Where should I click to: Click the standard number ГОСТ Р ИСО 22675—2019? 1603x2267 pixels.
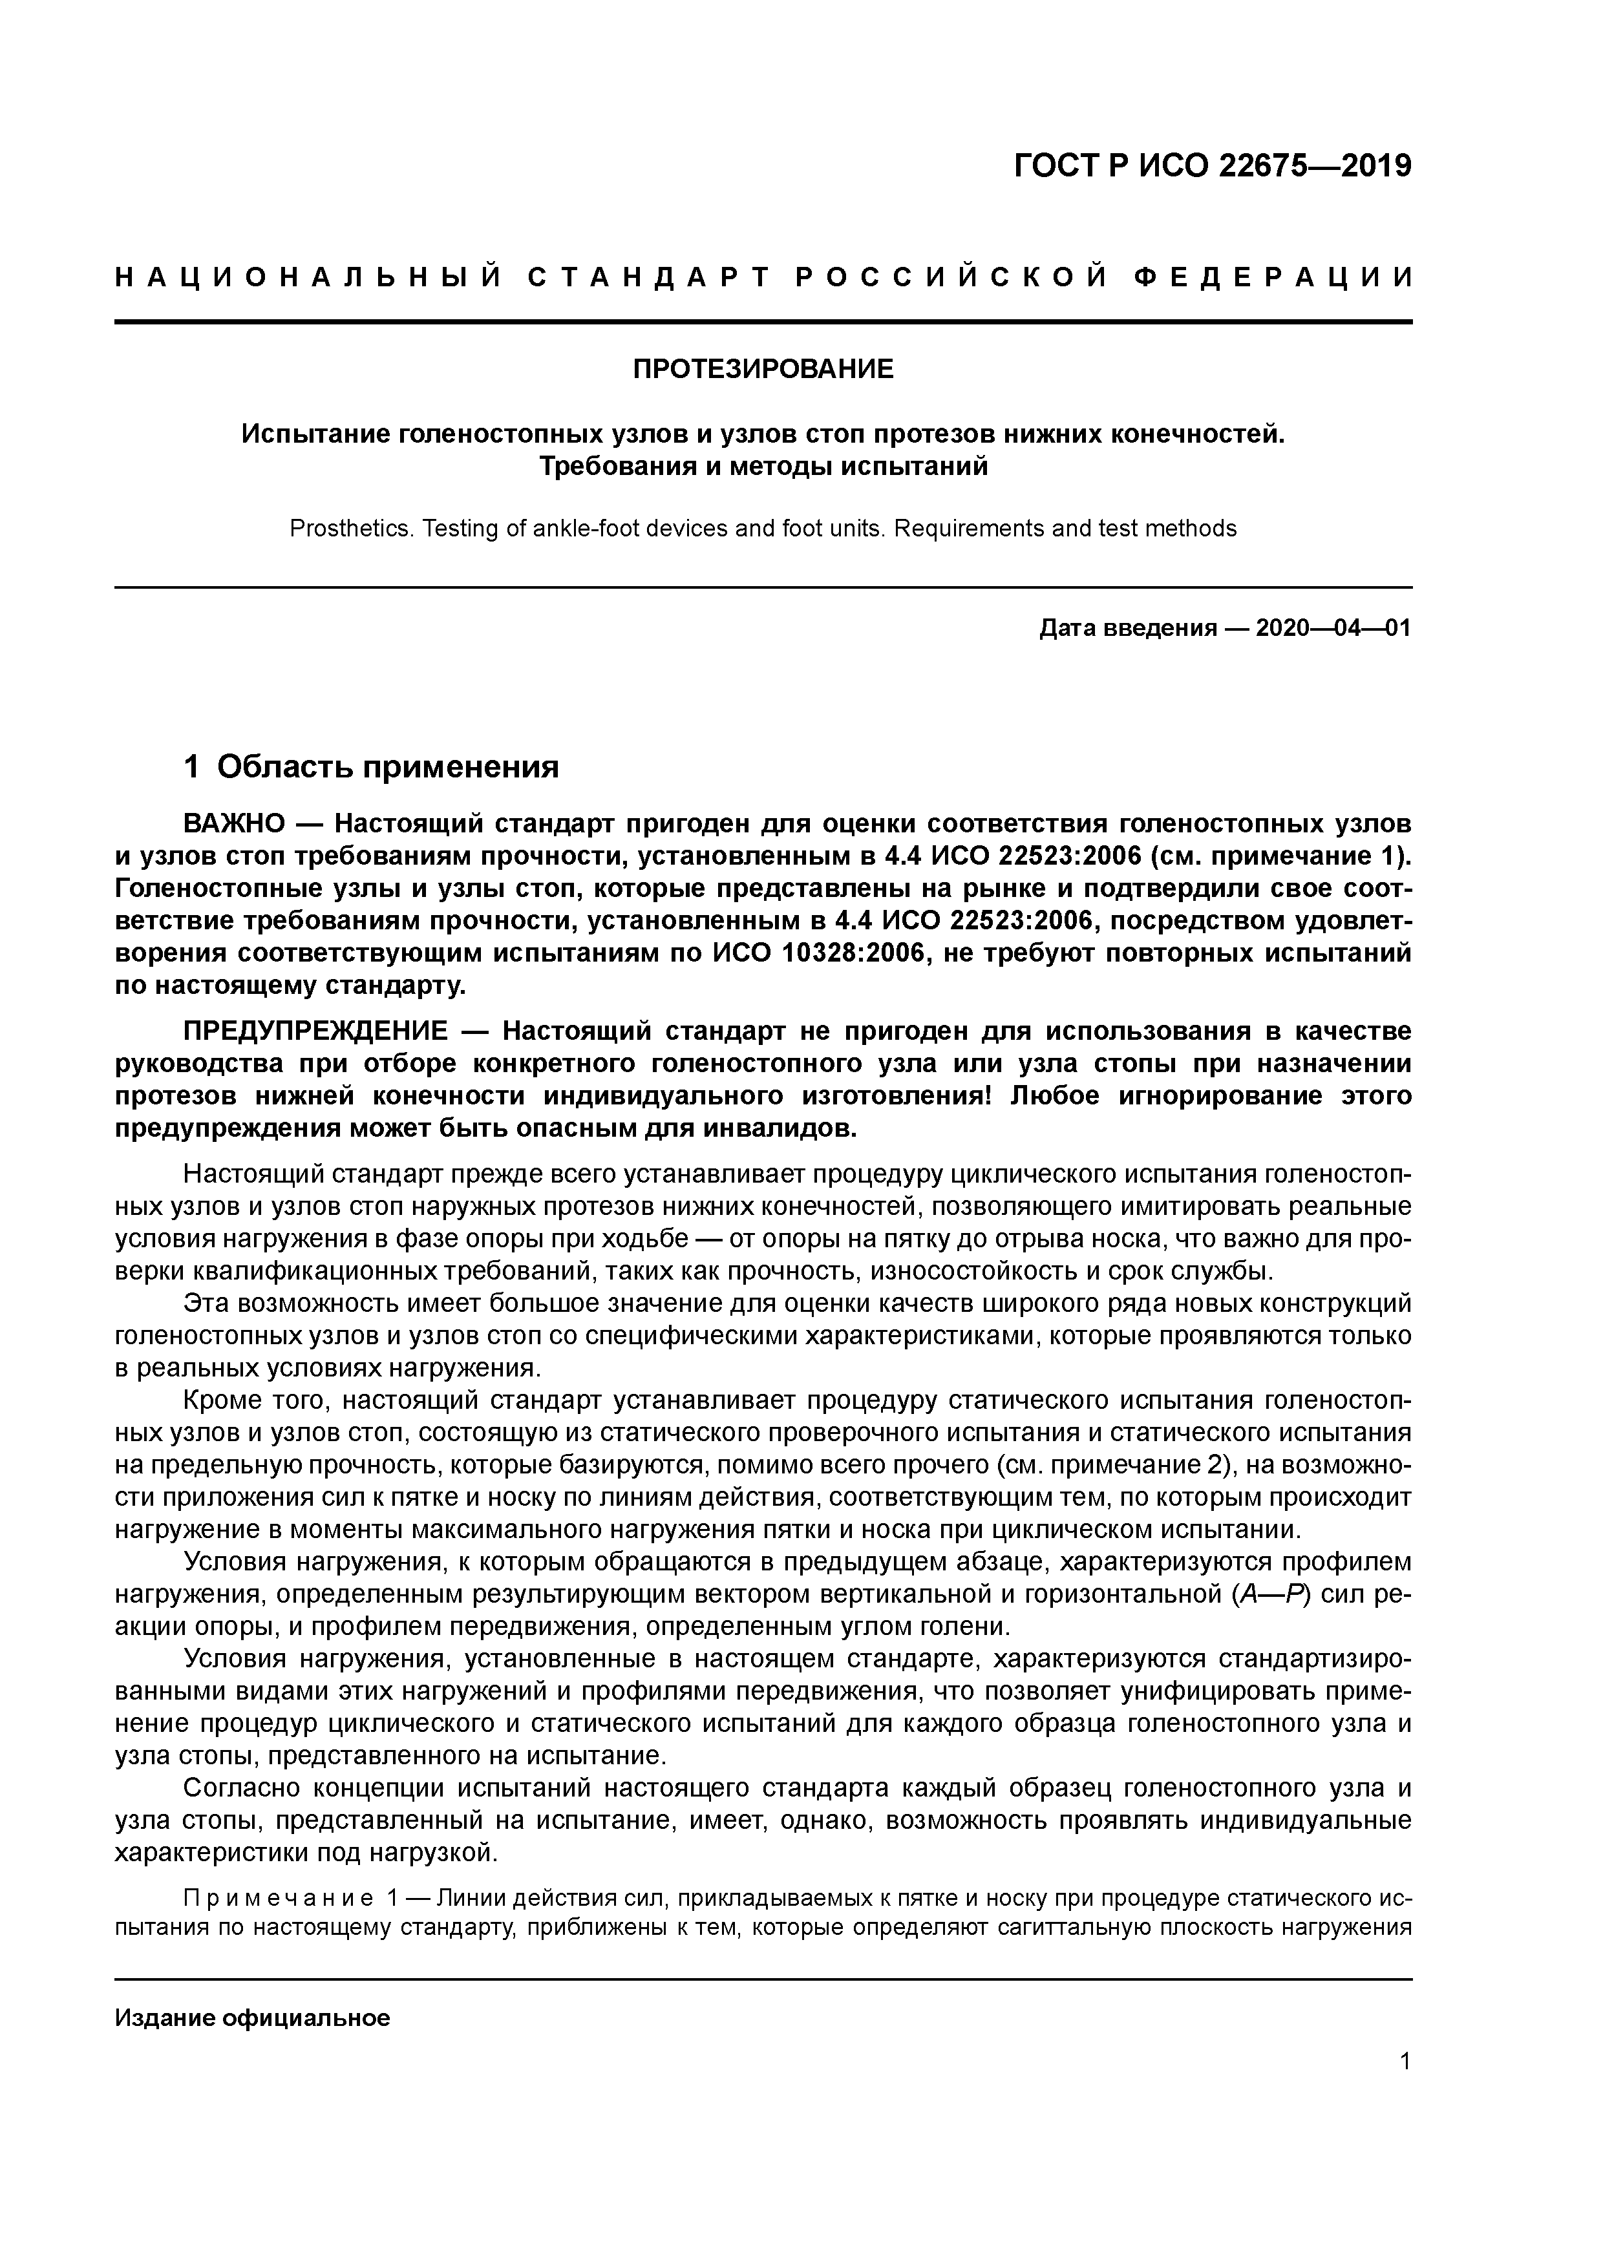tap(1213, 166)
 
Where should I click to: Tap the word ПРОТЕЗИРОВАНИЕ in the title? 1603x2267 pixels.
tap(763, 369)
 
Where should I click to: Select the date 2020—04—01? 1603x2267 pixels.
tap(1333, 628)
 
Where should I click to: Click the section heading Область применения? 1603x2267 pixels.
tap(387, 766)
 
